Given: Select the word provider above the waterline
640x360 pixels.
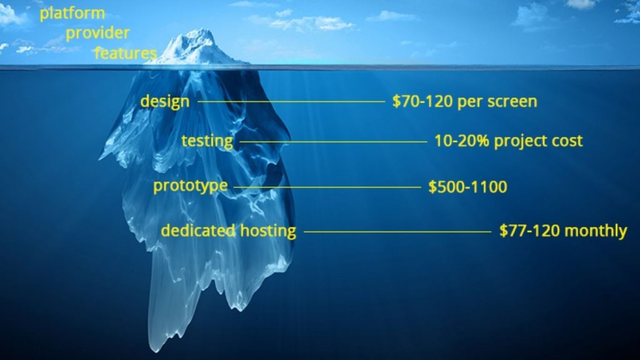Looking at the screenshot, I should (97, 33).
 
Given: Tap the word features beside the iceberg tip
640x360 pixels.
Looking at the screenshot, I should (125, 53).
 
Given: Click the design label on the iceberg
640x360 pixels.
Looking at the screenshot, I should (164, 101).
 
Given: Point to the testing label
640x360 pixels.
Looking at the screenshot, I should (207, 141).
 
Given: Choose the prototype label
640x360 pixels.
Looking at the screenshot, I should (190, 186).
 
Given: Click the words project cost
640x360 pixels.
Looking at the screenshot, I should (538, 141).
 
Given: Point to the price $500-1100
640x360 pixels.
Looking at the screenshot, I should (467, 186).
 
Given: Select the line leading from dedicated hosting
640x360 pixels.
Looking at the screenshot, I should (397, 231).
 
